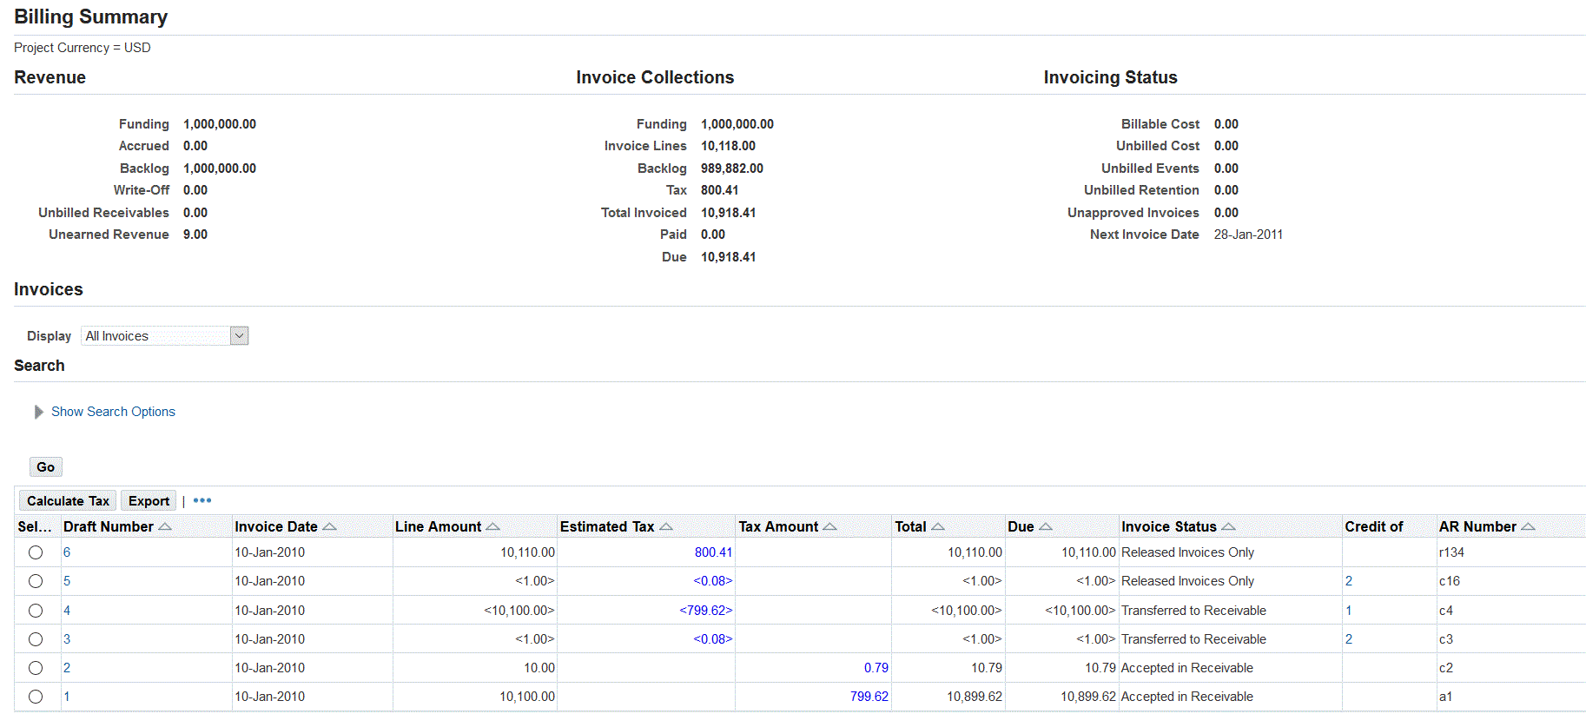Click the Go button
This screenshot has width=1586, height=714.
tap(45, 467)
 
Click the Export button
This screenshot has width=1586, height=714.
tap(149, 501)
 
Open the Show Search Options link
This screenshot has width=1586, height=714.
tap(113, 412)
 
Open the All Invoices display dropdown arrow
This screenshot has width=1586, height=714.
tap(239, 336)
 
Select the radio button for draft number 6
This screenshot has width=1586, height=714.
tap(36, 552)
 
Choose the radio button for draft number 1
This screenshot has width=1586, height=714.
tap(36, 697)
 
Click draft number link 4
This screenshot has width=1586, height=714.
tap(67, 611)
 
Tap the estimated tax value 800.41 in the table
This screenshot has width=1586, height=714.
tap(713, 552)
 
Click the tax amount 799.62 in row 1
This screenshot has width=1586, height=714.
tap(869, 697)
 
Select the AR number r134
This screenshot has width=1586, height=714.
tap(1451, 552)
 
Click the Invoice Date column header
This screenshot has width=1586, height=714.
tap(276, 527)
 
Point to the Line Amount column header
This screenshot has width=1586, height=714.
tap(438, 527)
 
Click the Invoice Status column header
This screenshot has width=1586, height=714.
tap(1168, 527)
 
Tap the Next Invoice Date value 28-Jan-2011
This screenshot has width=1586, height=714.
tap(1248, 235)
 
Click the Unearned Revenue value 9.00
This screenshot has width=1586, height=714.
tap(195, 235)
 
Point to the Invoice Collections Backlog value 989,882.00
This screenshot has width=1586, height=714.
tap(732, 169)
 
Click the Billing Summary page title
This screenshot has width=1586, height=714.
tap(91, 17)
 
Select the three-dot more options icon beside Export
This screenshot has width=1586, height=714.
tap(202, 501)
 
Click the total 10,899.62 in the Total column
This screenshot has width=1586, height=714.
tap(975, 697)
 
